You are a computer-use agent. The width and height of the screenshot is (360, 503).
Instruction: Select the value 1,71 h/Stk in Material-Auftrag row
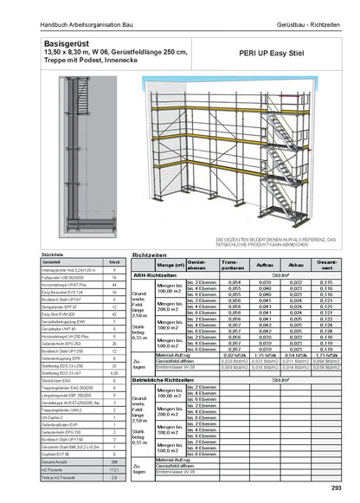(326, 355)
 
